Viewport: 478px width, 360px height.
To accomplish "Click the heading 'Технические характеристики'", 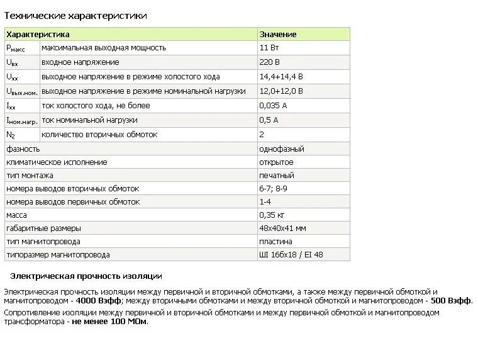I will point(75,15).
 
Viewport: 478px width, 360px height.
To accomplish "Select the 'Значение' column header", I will point(277,35).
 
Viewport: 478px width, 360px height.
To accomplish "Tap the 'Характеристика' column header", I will point(38,35).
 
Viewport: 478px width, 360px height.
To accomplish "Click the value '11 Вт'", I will point(269,48).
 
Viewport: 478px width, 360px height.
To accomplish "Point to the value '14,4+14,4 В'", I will point(281,77).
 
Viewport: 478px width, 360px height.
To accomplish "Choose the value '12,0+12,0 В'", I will point(281,91).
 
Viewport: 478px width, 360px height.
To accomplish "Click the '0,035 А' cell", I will point(273,106).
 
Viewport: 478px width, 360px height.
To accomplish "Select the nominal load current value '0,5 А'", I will point(269,120).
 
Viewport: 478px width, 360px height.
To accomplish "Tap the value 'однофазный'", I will point(282,149).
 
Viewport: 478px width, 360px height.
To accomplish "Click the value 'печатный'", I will point(277,176).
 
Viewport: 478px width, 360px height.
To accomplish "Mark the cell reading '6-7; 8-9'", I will point(273,189).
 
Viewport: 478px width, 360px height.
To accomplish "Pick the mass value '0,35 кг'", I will point(272,215).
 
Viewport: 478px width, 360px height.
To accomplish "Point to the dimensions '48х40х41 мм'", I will point(282,228).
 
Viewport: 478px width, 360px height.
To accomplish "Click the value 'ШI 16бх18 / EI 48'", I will point(291,255).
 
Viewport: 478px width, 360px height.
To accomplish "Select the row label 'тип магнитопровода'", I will point(43,242).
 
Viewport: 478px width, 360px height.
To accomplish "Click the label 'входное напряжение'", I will point(80,62).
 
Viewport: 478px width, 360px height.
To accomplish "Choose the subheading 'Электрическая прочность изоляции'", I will point(86,276).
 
